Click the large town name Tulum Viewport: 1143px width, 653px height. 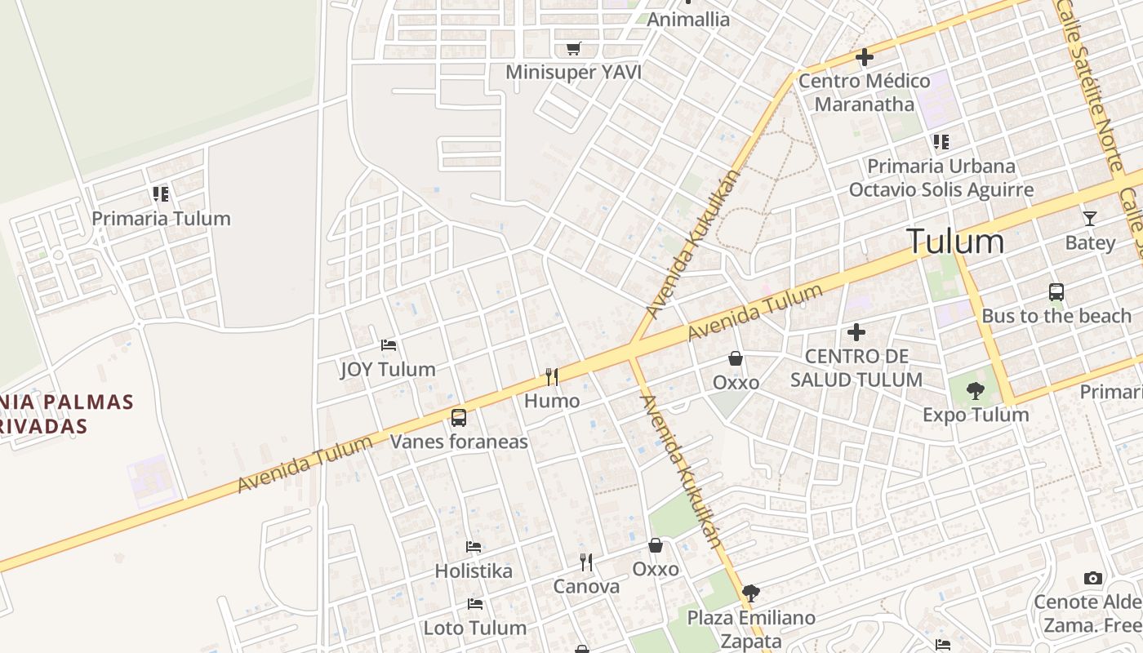(954, 242)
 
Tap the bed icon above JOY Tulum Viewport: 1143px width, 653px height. (389, 345)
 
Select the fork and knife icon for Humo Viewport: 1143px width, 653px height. (552, 376)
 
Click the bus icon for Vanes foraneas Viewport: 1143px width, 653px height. (459, 418)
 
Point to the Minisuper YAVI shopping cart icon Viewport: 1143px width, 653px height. (574, 49)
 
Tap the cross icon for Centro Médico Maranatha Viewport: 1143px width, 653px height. (864, 57)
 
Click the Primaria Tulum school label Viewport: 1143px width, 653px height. (161, 219)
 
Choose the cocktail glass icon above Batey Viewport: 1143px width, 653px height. (1089, 219)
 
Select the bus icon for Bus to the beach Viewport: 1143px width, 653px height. (1056, 291)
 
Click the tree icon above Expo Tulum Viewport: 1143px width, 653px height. (975, 390)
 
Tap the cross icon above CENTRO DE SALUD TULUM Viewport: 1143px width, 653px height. (856, 332)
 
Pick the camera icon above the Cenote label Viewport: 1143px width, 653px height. (1092, 578)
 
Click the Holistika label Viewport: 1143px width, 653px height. (474, 571)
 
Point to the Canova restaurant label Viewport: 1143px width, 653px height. (586, 586)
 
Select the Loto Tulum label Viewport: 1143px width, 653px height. (474, 628)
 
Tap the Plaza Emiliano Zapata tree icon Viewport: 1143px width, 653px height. (750, 593)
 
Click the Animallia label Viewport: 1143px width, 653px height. (688, 20)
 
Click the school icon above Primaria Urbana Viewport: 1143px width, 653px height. (941, 142)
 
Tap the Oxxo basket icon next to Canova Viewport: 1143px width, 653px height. (656, 545)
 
